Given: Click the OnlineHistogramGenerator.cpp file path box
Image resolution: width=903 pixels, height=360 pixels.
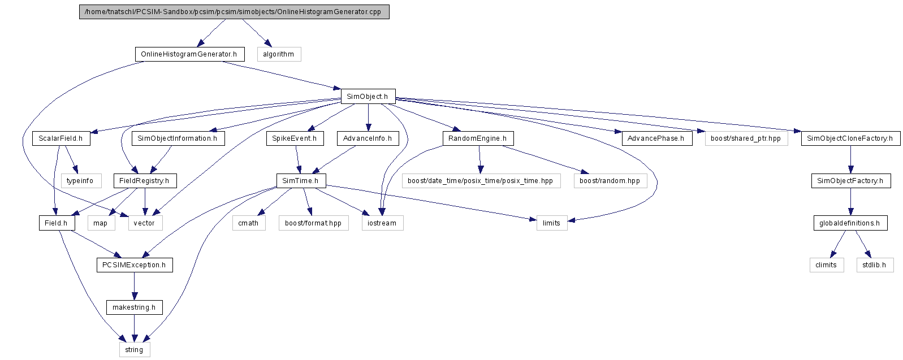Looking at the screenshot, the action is (234, 12).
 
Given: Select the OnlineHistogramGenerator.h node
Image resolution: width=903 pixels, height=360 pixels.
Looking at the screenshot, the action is (189, 54).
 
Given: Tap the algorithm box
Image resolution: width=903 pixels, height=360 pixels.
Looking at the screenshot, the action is (279, 54).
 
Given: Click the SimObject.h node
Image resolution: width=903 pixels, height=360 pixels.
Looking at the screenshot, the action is (368, 96).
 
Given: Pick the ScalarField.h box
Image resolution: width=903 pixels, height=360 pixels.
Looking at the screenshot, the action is (61, 138).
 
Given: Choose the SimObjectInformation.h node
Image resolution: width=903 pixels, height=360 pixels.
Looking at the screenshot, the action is (178, 138).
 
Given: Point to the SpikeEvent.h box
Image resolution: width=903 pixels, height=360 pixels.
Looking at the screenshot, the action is (295, 138).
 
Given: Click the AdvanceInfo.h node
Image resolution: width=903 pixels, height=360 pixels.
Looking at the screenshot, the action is (368, 138).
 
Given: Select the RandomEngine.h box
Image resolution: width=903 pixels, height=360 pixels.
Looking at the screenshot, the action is (478, 138).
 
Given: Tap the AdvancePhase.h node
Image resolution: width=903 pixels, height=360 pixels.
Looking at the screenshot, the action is (656, 138).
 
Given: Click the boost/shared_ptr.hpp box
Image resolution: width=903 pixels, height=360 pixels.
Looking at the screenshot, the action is (746, 138).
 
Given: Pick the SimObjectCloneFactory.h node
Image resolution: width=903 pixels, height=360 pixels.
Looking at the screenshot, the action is (850, 138).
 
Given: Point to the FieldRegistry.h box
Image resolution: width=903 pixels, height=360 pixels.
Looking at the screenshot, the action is (145, 181).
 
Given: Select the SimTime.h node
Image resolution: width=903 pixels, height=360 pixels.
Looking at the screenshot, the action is (301, 181).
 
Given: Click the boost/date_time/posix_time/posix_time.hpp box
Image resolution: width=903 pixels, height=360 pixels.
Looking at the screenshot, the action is (481, 181).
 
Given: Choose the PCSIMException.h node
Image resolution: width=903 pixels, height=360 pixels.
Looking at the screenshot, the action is (135, 265).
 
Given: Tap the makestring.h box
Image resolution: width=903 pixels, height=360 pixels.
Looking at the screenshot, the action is (134, 307).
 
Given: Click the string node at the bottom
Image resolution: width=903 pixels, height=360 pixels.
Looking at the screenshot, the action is (135, 349).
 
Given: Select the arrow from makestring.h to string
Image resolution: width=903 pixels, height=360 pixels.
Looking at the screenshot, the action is (134, 328).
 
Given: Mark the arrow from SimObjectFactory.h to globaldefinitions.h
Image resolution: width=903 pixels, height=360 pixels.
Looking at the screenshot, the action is (850, 202).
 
